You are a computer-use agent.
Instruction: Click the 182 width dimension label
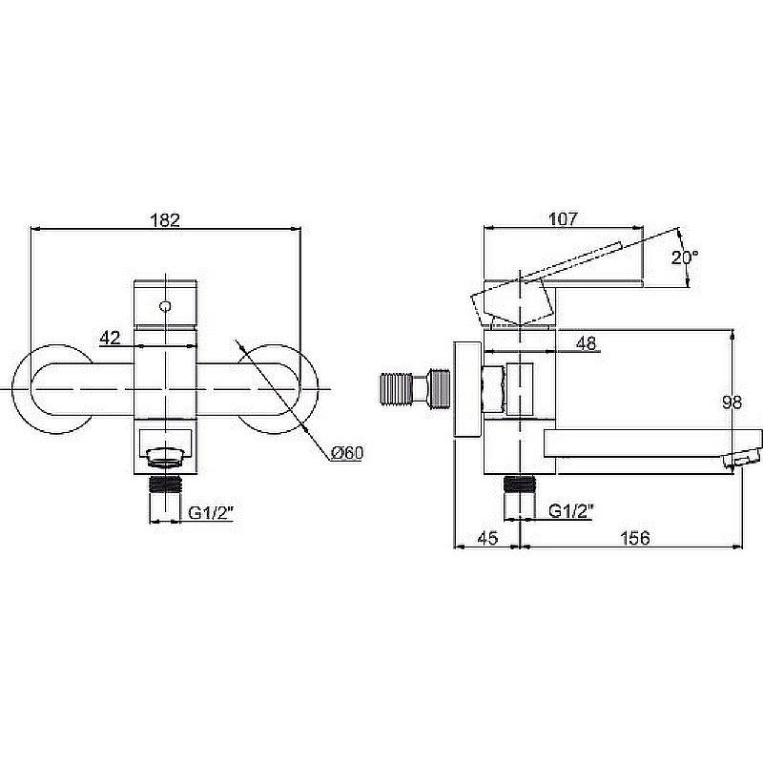(x=165, y=220)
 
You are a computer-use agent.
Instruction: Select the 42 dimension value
(x=110, y=338)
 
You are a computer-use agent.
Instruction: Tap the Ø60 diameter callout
(x=347, y=453)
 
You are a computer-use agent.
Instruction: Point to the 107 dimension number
(x=563, y=219)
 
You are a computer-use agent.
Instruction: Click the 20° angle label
(x=685, y=258)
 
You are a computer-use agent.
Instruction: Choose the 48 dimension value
(x=586, y=343)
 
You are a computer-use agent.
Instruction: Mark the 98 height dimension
(x=732, y=402)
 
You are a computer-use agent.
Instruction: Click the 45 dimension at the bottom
(x=487, y=538)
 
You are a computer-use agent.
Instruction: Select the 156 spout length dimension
(x=635, y=538)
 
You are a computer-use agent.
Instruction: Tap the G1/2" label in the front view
(x=211, y=512)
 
